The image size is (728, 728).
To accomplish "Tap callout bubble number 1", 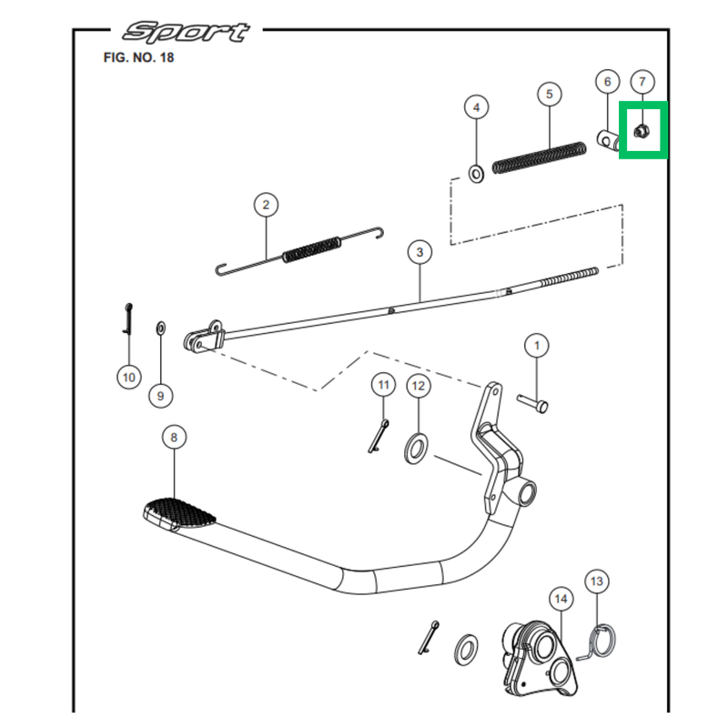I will (x=537, y=346).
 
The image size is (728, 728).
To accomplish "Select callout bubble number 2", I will (x=266, y=205).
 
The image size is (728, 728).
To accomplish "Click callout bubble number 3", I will (x=420, y=252).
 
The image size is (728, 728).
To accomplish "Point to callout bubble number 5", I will (x=550, y=94).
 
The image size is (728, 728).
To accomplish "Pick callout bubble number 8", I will (x=174, y=438).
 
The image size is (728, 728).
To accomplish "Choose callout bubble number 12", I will (x=418, y=387).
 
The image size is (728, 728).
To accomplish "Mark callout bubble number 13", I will (x=597, y=581).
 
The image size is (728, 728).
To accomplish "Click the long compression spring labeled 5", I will (x=540, y=156).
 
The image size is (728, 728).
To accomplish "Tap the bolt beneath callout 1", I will (x=532, y=400).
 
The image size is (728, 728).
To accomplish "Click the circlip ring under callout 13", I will (x=598, y=638).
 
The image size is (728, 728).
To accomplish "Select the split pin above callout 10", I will (x=129, y=318).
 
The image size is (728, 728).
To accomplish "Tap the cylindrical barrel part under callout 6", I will (x=610, y=140).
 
